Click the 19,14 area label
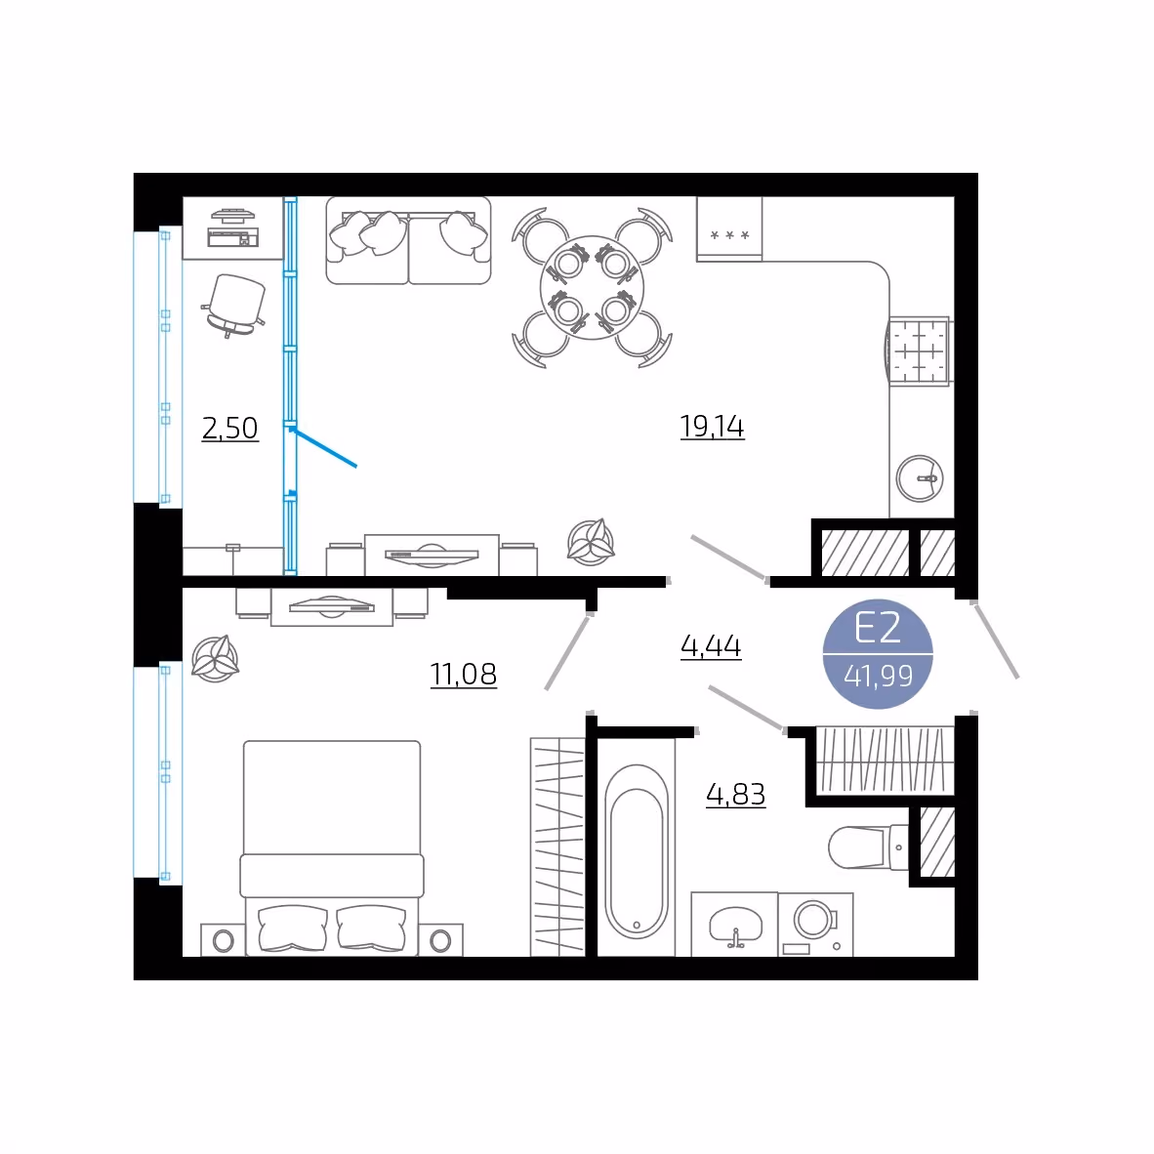click(x=712, y=427)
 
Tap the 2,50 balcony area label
click(x=229, y=429)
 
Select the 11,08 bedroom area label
click(x=464, y=675)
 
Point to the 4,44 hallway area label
click(x=711, y=646)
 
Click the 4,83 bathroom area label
click(x=736, y=795)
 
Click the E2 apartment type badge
click(x=878, y=653)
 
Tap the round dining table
click(x=592, y=288)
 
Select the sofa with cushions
click(x=408, y=240)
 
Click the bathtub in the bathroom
click(x=637, y=851)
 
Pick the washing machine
click(x=815, y=925)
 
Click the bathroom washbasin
click(x=735, y=926)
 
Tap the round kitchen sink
click(x=920, y=478)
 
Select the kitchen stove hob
click(x=920, y=351)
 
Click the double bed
click(x=332, y=847)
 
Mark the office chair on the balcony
click(x=234, y=305)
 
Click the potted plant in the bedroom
click(x=215, y=658)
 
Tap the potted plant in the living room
click(x=591, y=543)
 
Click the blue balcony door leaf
click(x=324, y=448)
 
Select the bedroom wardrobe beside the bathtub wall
click(x=557, y=847)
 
